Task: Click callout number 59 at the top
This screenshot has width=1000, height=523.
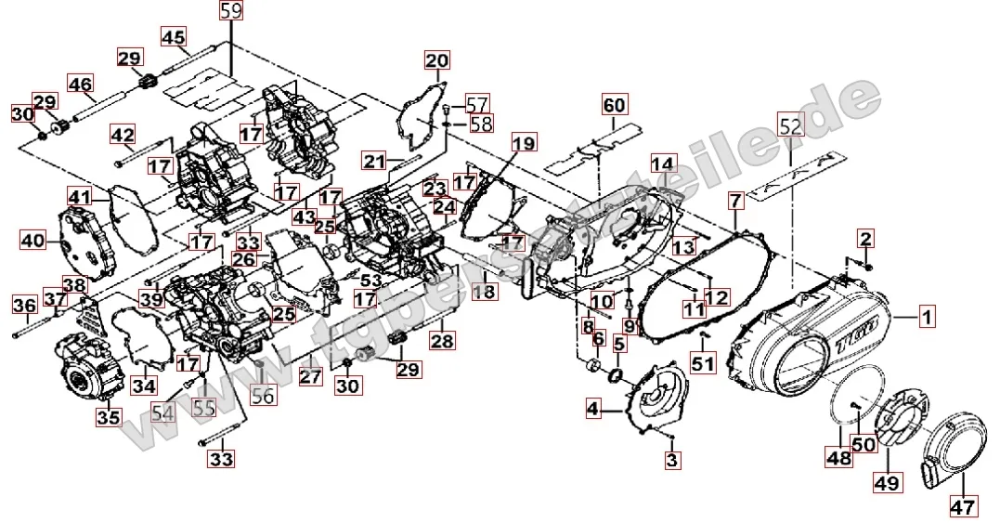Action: point(231,11)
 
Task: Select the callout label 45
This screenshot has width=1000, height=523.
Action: point(174,37)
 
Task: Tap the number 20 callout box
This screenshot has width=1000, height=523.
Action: point(437,61)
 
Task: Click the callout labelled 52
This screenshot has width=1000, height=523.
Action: point(790,125)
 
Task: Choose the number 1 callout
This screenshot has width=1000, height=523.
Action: point(925,319)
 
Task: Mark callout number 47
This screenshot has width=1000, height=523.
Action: point(962,506)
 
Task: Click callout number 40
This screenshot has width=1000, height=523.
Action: point(33,241)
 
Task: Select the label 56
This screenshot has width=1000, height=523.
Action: point(264,396)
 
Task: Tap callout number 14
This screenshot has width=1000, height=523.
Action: point(662,164)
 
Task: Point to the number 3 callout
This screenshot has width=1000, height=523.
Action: point(672,459)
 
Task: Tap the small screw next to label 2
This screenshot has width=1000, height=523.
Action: point(869,267)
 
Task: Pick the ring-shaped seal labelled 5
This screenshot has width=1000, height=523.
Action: point(615,374)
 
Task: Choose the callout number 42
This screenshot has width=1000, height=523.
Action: point(123,135)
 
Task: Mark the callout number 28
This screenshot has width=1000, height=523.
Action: point(442,341)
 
